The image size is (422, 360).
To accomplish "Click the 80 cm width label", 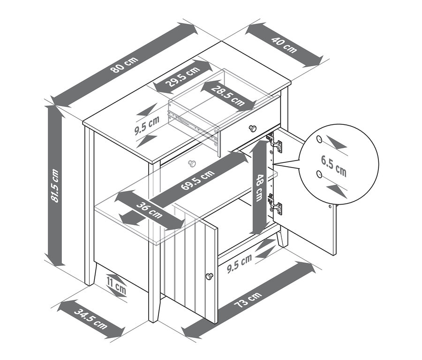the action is click(124, 64).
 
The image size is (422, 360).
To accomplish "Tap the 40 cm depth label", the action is click(284, 45).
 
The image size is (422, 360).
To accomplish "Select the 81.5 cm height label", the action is click(55, 186).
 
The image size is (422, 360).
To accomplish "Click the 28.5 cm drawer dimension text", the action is click(228, 96).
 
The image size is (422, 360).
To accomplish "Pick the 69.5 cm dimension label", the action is click(198, 180).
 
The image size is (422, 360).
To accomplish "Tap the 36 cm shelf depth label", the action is click(150, 210).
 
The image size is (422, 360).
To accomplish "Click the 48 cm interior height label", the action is click(259, 188).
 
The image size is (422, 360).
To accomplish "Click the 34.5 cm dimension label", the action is click(90, 319).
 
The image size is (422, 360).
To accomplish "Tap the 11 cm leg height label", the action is click(116, 285).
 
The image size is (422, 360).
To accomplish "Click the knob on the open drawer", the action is click(253, 129).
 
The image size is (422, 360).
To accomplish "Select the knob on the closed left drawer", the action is click(192, 163).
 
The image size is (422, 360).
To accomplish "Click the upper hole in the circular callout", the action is click(319, 139).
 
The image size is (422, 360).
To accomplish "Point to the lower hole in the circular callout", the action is click(319, 174).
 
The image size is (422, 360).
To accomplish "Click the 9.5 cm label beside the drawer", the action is click(147, 125).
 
